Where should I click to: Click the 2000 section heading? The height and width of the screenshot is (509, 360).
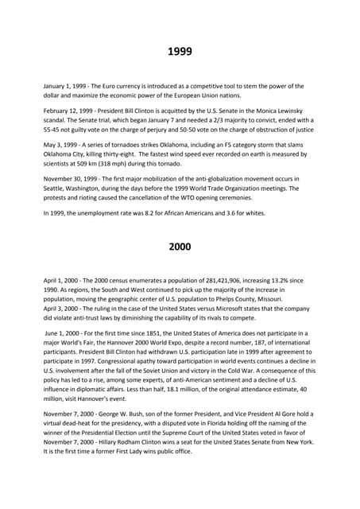(x=180, y=247)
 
